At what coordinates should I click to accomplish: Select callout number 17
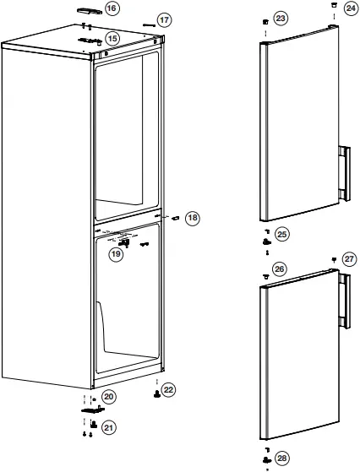tap(164, 19)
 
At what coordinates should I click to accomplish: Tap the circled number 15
tap(112, 38)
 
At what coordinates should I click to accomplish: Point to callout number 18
tap(193, 218)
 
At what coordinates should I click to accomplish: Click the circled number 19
tap(116, 252)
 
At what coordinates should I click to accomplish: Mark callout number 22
tap(169, 389)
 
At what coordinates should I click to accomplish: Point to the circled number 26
tap(281, 269)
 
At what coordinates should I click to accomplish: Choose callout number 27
tap(350, 258)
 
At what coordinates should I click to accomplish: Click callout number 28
tap(281, 458)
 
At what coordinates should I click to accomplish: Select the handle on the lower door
tap(345, 301)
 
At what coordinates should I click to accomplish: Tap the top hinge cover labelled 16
tap(88, 11)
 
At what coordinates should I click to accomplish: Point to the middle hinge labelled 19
tap(123, 241)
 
